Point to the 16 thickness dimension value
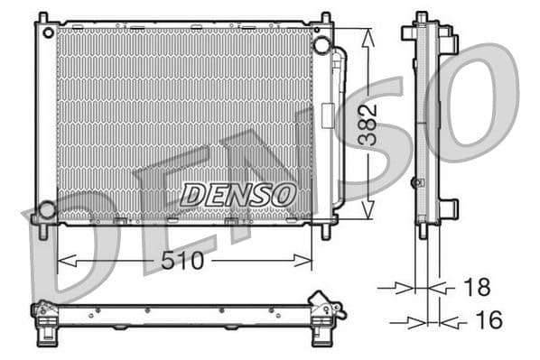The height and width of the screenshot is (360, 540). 487,319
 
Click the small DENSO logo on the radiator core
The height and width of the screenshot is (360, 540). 237,193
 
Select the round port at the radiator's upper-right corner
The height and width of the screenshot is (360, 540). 321,46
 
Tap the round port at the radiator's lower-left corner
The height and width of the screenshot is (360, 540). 45,210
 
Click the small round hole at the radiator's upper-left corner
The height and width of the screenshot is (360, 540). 45,31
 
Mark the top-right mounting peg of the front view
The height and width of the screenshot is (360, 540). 326,18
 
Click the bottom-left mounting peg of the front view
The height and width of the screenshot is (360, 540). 42,230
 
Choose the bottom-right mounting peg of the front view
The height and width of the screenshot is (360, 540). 326,230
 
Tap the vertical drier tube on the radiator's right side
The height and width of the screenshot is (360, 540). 339,126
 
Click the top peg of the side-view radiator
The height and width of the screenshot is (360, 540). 421,18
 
